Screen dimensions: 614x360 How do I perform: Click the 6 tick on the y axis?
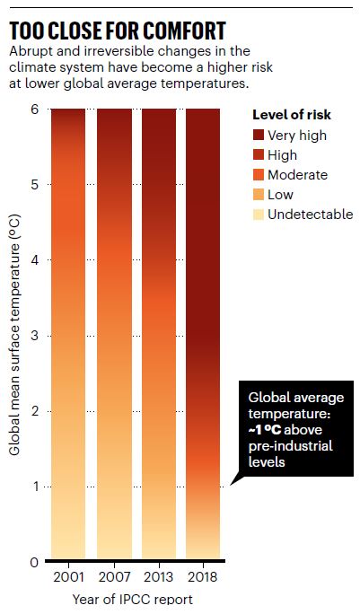pyautogui.click(x=33, y=110)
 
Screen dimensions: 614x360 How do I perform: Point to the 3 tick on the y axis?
pyautogui.click(x=33, y=336)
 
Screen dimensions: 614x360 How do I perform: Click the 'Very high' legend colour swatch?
pyautogui.click(x=260, y=136)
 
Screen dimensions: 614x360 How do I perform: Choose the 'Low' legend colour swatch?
pyautogui.click(x=260, y=195)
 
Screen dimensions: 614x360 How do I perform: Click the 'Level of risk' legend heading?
pyautogui.click(x=290, y=115)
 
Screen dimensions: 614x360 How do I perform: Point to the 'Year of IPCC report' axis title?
pyautogui.click(x=135, y=599)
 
